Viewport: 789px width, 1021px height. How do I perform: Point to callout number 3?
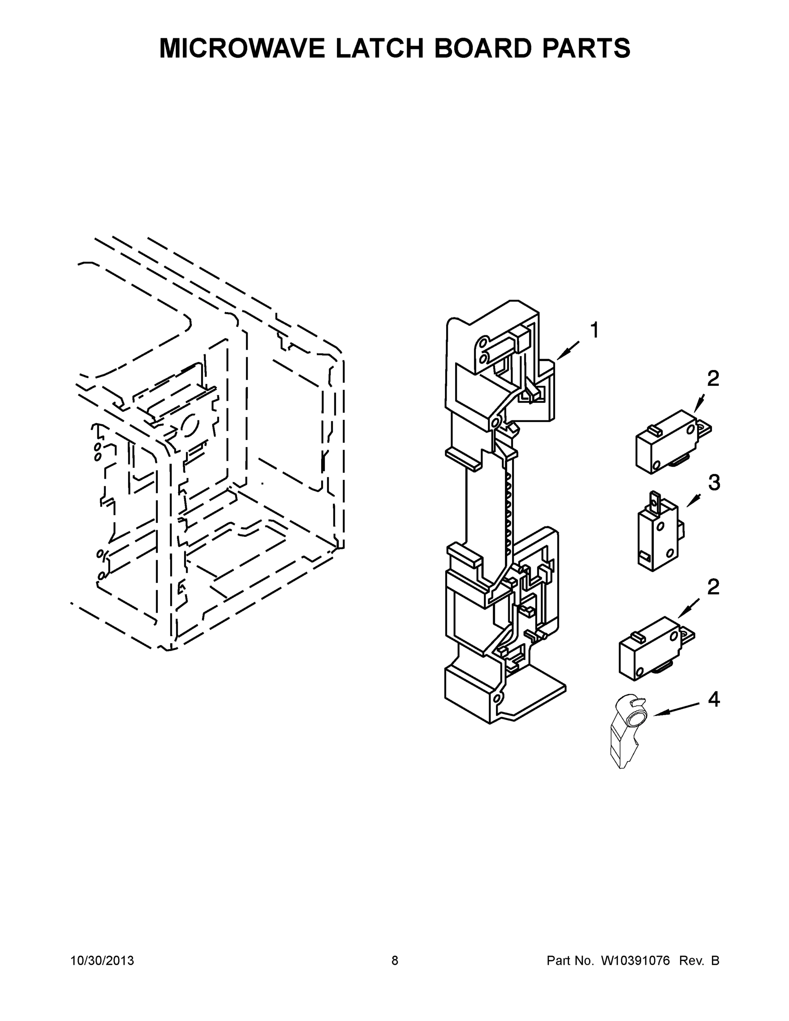point(714,482)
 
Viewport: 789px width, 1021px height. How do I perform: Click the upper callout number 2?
point(713,378)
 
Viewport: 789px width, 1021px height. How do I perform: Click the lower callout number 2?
point(713,587)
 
